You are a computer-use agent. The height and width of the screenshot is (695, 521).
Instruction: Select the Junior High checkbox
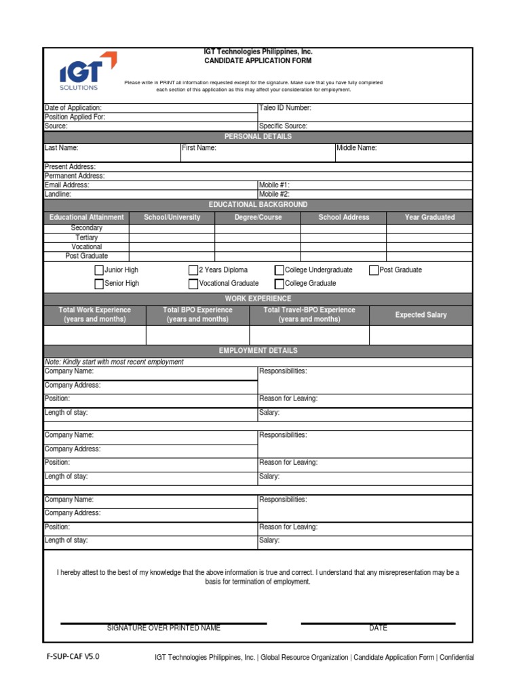[x=99, y=270]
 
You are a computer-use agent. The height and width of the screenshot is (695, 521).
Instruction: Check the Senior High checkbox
[x=99, y=284]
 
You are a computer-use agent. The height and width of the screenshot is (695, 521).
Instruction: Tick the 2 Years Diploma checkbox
[x=193, y=270]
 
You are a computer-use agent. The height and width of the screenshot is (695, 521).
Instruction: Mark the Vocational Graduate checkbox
[x=193, y=284]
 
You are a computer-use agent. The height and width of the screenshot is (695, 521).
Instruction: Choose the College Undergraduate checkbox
[x=279, y=270]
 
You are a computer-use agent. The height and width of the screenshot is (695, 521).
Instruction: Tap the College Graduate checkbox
[x=279, y=284]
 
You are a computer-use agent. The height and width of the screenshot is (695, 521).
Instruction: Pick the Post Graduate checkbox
[x=374, y=270]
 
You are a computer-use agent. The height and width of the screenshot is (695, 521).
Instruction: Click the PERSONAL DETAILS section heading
[x=258, y=136]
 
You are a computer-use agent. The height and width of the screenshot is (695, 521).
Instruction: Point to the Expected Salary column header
[x=421, y=315]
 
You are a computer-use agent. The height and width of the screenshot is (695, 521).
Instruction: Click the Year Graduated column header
[x=429, y=217]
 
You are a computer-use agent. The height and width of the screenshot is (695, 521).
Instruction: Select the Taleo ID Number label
[x=285, y=108]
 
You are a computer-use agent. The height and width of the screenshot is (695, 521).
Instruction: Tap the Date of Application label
[x=73, y=108]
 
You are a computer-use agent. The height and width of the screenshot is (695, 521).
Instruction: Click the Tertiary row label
[x=86, y=238]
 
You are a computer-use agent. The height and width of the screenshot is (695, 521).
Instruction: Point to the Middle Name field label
[x=357, y=148]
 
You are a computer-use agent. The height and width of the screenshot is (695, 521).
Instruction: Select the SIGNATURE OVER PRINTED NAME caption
[x=163, y=628]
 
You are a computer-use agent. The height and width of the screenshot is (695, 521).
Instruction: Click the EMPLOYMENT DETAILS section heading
[x=258, y=351]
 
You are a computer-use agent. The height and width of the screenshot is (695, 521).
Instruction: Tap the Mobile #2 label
[x=274, y=194]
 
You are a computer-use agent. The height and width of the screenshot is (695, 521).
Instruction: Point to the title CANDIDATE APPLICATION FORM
[x=258, y=61]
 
